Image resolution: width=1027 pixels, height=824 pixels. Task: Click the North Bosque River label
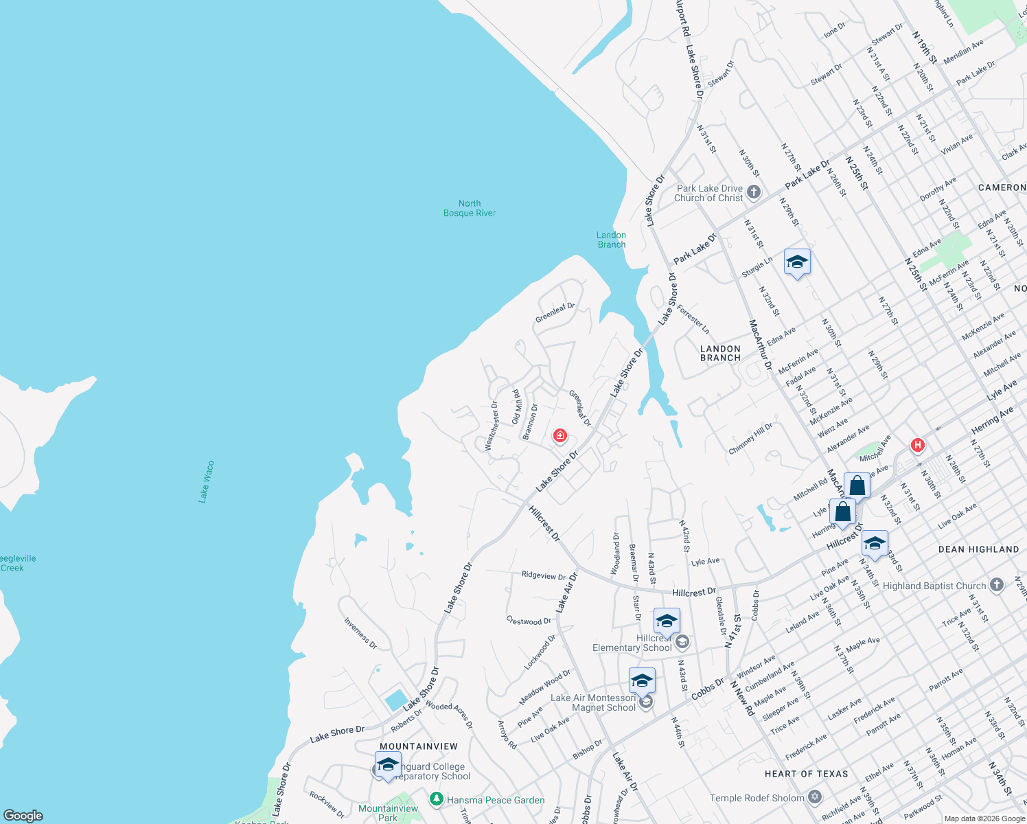(470, 208)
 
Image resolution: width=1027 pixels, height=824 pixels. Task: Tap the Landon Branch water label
(611, 240)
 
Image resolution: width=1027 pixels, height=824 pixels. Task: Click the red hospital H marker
(917, 445)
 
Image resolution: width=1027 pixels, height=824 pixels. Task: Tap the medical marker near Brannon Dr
(560, 435)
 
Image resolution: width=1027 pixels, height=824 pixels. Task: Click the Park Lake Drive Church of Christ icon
(754, 192)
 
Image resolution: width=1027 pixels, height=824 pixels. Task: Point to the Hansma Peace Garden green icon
(436, 799)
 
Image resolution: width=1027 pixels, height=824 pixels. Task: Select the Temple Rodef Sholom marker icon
(815, 797)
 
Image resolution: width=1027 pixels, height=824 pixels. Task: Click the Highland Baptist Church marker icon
(997, 585)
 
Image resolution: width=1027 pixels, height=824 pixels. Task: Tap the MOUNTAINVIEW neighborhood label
(419, 746)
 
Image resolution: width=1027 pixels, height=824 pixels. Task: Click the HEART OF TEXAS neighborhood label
(807, 774)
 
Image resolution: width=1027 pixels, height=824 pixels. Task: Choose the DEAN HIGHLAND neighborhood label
(978, 549)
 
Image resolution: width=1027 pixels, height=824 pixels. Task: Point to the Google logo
(23, 816)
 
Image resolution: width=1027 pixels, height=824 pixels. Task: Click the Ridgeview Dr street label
(543, 575)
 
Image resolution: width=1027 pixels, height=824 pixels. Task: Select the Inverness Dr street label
(360, 633)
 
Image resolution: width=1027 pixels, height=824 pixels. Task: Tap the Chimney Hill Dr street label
(750, 438)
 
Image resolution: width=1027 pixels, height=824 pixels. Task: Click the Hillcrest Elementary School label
(632, 643)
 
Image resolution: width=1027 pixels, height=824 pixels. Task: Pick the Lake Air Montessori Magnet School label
(593, 702)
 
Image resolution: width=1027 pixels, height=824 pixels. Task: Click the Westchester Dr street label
(491, 426)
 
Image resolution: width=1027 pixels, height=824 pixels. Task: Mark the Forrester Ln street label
(693, 319)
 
